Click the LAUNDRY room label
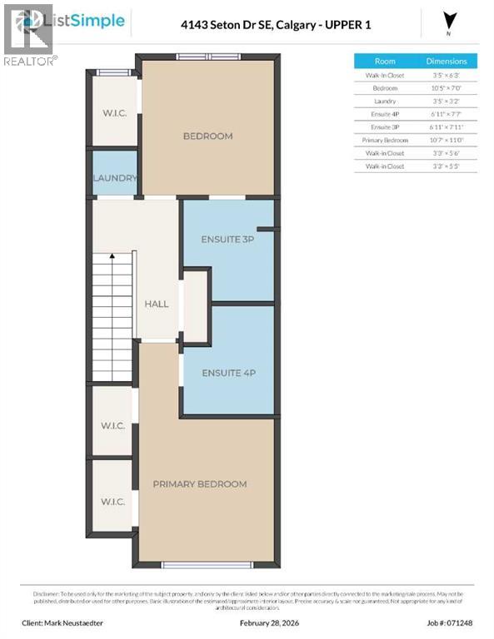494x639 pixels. (x=115, y=178)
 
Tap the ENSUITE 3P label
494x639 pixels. (x=227, y=239)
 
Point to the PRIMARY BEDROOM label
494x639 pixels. (x=199, y=483)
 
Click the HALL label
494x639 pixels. (x=157, y=304)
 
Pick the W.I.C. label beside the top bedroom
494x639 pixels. (x=115, y=113)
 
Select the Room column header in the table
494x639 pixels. (x=385, y=61)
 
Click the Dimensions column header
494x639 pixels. (x=447, y=61)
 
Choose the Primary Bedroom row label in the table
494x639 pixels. (x=385, y=141)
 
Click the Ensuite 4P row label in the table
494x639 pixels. (x=385, y=113)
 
